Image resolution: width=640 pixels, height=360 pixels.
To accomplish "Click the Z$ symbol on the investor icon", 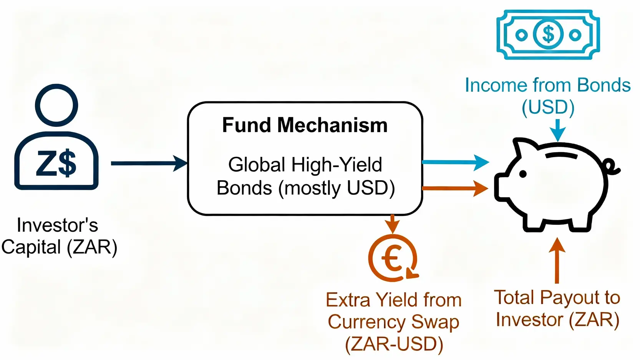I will (x=56, y=163).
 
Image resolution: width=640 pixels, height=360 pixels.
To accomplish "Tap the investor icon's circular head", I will (x=56, y=105).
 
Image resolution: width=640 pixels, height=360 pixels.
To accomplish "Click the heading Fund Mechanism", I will (x=305, y=125).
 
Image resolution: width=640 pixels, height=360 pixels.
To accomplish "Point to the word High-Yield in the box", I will (x=337, y=165).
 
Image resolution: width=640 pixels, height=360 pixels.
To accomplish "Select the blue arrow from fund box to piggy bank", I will (x=455, y=163).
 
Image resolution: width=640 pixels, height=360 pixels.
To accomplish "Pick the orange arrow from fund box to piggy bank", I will (x=455, y=188).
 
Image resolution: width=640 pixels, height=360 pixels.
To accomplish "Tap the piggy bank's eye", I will (x=523, y=174).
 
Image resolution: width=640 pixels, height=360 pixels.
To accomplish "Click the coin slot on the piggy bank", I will (x=562, y=155).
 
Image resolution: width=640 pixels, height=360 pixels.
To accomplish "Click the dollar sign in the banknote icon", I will (x=548, y=35).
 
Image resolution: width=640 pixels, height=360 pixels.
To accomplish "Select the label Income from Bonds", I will (x=547, y=85).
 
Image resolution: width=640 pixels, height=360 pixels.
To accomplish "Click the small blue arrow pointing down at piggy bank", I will (x=558, y=130).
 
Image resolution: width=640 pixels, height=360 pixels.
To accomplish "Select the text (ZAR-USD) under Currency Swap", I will (x=394, y=344).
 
